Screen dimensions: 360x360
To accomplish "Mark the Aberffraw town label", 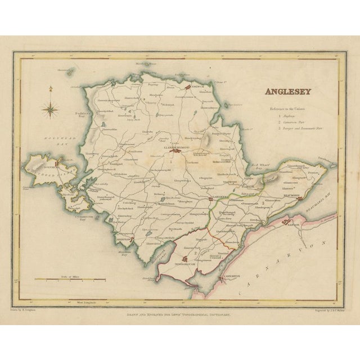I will (124, 238).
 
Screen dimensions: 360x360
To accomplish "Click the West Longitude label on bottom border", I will (103, 302).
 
